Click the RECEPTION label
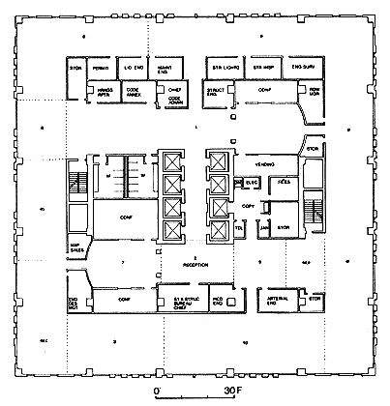[199, 264]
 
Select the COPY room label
[249, 207]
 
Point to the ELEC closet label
[251, 181]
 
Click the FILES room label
[285, 181]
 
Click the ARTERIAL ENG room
[280, 302]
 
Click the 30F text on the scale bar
[233, 391]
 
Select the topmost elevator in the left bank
[173, 159]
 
